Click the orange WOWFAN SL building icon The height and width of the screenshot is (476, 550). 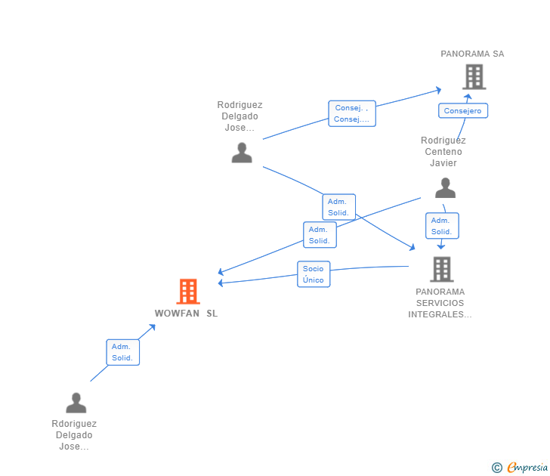pos(188,291)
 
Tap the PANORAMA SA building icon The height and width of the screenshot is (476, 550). pos(474,76)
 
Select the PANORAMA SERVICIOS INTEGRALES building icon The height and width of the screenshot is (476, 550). pos(442,270)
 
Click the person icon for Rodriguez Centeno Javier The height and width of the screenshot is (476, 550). pos(445,188)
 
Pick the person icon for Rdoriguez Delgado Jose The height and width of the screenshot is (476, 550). pos(76,403)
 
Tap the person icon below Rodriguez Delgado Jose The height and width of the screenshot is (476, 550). pos(242,153)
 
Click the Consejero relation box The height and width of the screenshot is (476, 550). pos(463,111)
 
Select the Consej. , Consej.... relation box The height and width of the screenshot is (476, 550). pos(352,113)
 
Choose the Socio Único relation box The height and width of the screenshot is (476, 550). pos(314,274)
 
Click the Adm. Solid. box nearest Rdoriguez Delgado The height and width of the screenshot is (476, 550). pos(122,352)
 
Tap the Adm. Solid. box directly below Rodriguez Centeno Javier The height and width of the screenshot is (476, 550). pos(442,226)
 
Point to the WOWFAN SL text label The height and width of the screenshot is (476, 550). pos(187,314)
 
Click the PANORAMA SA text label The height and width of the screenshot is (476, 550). pos(472,54)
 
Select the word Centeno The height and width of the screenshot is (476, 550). pos(443,152)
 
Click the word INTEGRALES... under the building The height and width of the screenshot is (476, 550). pos(440,314)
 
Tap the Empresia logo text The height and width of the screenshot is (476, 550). pos(527,468)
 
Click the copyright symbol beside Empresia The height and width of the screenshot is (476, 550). pos(496,468)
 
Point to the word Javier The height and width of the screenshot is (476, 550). pos(443,162)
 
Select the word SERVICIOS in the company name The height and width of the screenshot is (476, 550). pos(440,303)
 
